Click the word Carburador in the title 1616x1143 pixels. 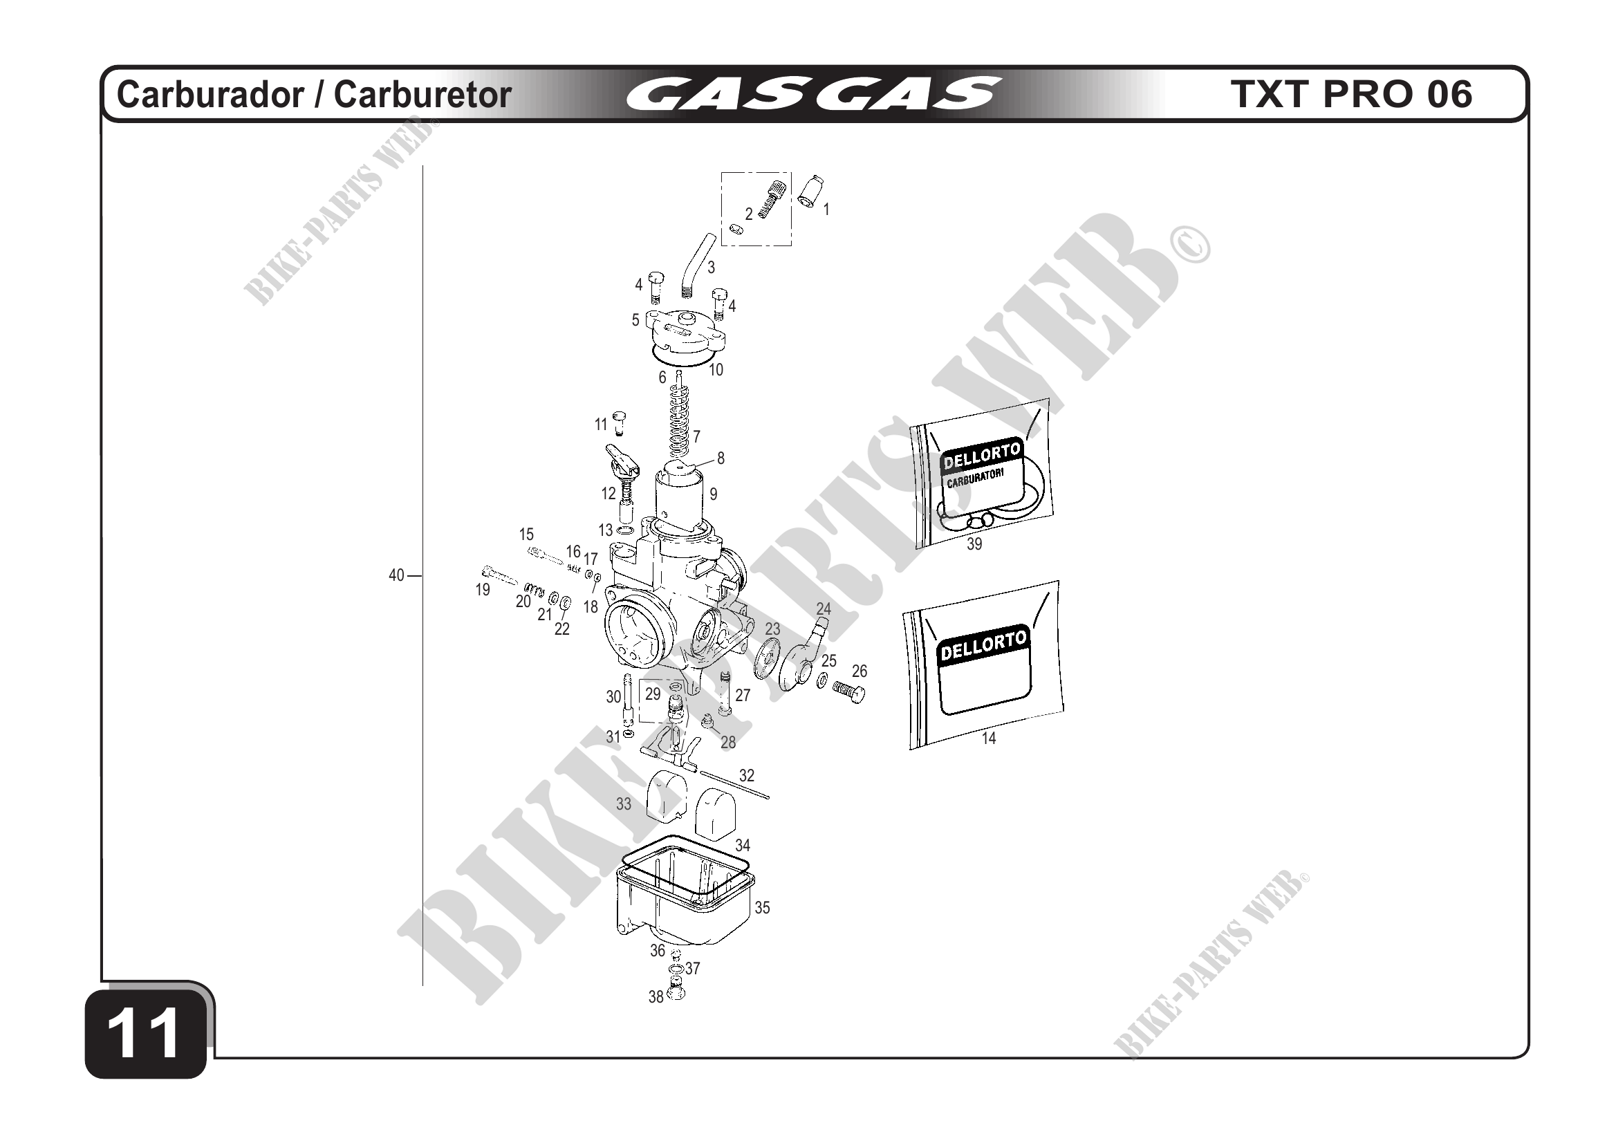tap(210, 94)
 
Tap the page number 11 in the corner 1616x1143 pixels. tap(145, 1033)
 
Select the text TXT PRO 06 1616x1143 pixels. tap(1350, 93)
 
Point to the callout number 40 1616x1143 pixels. tap(396, 575)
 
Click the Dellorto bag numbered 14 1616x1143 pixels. tap(984, 665)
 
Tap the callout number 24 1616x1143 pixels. tap(824, 608)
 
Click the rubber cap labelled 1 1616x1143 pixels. tap(811, 192)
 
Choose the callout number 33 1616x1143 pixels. tap(624, 803)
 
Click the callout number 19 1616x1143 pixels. tap(483, 590)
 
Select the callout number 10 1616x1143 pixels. tap(716, 369)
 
